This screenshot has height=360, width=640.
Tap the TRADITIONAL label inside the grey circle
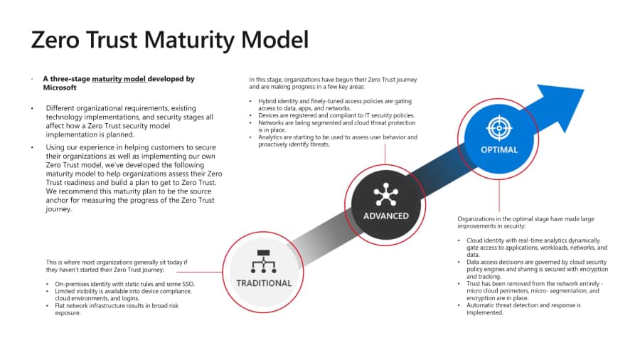click(x=264, y=283)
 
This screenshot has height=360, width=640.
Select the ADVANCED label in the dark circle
click(x=386, y=216)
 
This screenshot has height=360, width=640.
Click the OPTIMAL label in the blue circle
click(x=498, y=150)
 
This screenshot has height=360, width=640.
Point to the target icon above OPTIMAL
click(x=498, y=127)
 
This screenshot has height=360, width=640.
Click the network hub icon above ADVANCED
click(x=386, y=193)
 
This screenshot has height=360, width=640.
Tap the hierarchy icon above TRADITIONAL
click(x=263, y=261)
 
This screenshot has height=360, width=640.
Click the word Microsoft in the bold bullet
click(x=60, y=88)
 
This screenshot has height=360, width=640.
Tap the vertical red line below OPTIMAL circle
click(x=499, y=196)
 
